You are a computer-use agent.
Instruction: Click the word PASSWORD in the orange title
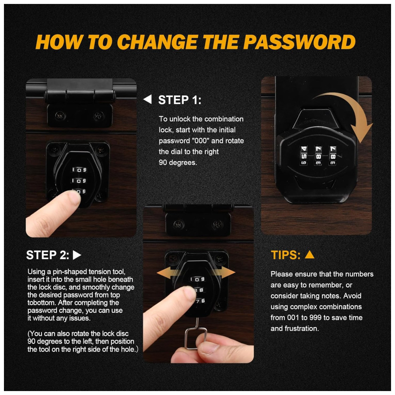tap(299, 42)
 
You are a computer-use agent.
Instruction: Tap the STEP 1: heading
tap(180, 100)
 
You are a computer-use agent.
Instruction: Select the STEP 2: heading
tap(48, 255)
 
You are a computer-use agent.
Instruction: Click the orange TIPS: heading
tap(286, 255)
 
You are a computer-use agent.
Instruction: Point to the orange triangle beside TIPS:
tap(310, 255)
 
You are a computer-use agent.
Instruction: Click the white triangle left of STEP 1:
tap(148, 99)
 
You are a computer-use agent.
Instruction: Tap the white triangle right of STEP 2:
tap(77, 255)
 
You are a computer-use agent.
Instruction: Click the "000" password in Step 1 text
tap(201, 141)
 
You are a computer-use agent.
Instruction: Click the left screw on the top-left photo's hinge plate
tap(60, 116)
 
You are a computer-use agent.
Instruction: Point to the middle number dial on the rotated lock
tap(318, 156)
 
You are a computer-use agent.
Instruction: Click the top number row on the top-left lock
tap(79, 170)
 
